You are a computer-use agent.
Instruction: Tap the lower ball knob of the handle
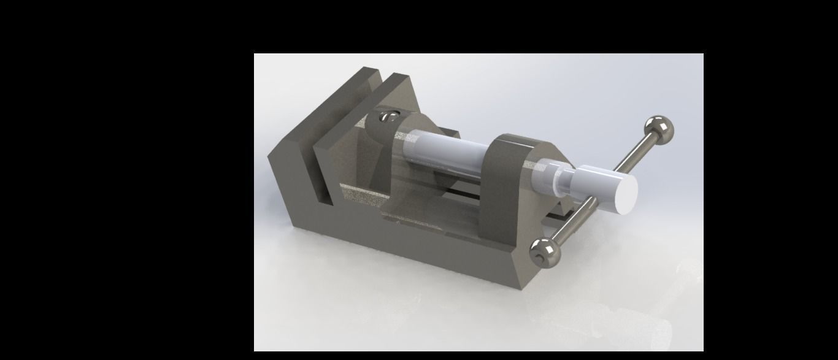(x=545, y=251)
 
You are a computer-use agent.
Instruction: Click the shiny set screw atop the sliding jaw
(x=386, y=117)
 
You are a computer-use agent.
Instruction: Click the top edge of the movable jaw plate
(x=399, y=78)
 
